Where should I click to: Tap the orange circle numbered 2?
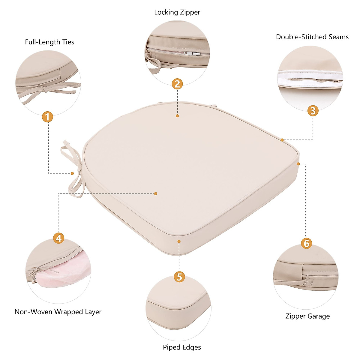(x=177, y=84)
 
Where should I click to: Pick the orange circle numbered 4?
(x=59, y=238)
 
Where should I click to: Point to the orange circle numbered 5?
(x=179, y=277)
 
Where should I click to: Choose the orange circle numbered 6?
(x=306, y=243)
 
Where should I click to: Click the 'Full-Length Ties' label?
(x=49, y=42)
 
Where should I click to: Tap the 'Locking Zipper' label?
(x=177, y=12)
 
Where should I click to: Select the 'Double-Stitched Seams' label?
(x=312, y=37)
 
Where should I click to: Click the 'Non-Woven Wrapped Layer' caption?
(x=58, y=312)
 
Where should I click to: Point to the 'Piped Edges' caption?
(x=182, y=347)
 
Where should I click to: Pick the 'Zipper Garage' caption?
(x=307, y=316)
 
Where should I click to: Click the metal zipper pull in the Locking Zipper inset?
(x=192, y=54)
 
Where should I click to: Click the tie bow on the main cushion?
(x=72, y=168)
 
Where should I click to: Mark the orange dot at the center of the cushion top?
(x=155, y=193)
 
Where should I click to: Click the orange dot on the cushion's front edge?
(x=179, y=241)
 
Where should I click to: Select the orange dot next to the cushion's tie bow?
(x=72, y=173)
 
